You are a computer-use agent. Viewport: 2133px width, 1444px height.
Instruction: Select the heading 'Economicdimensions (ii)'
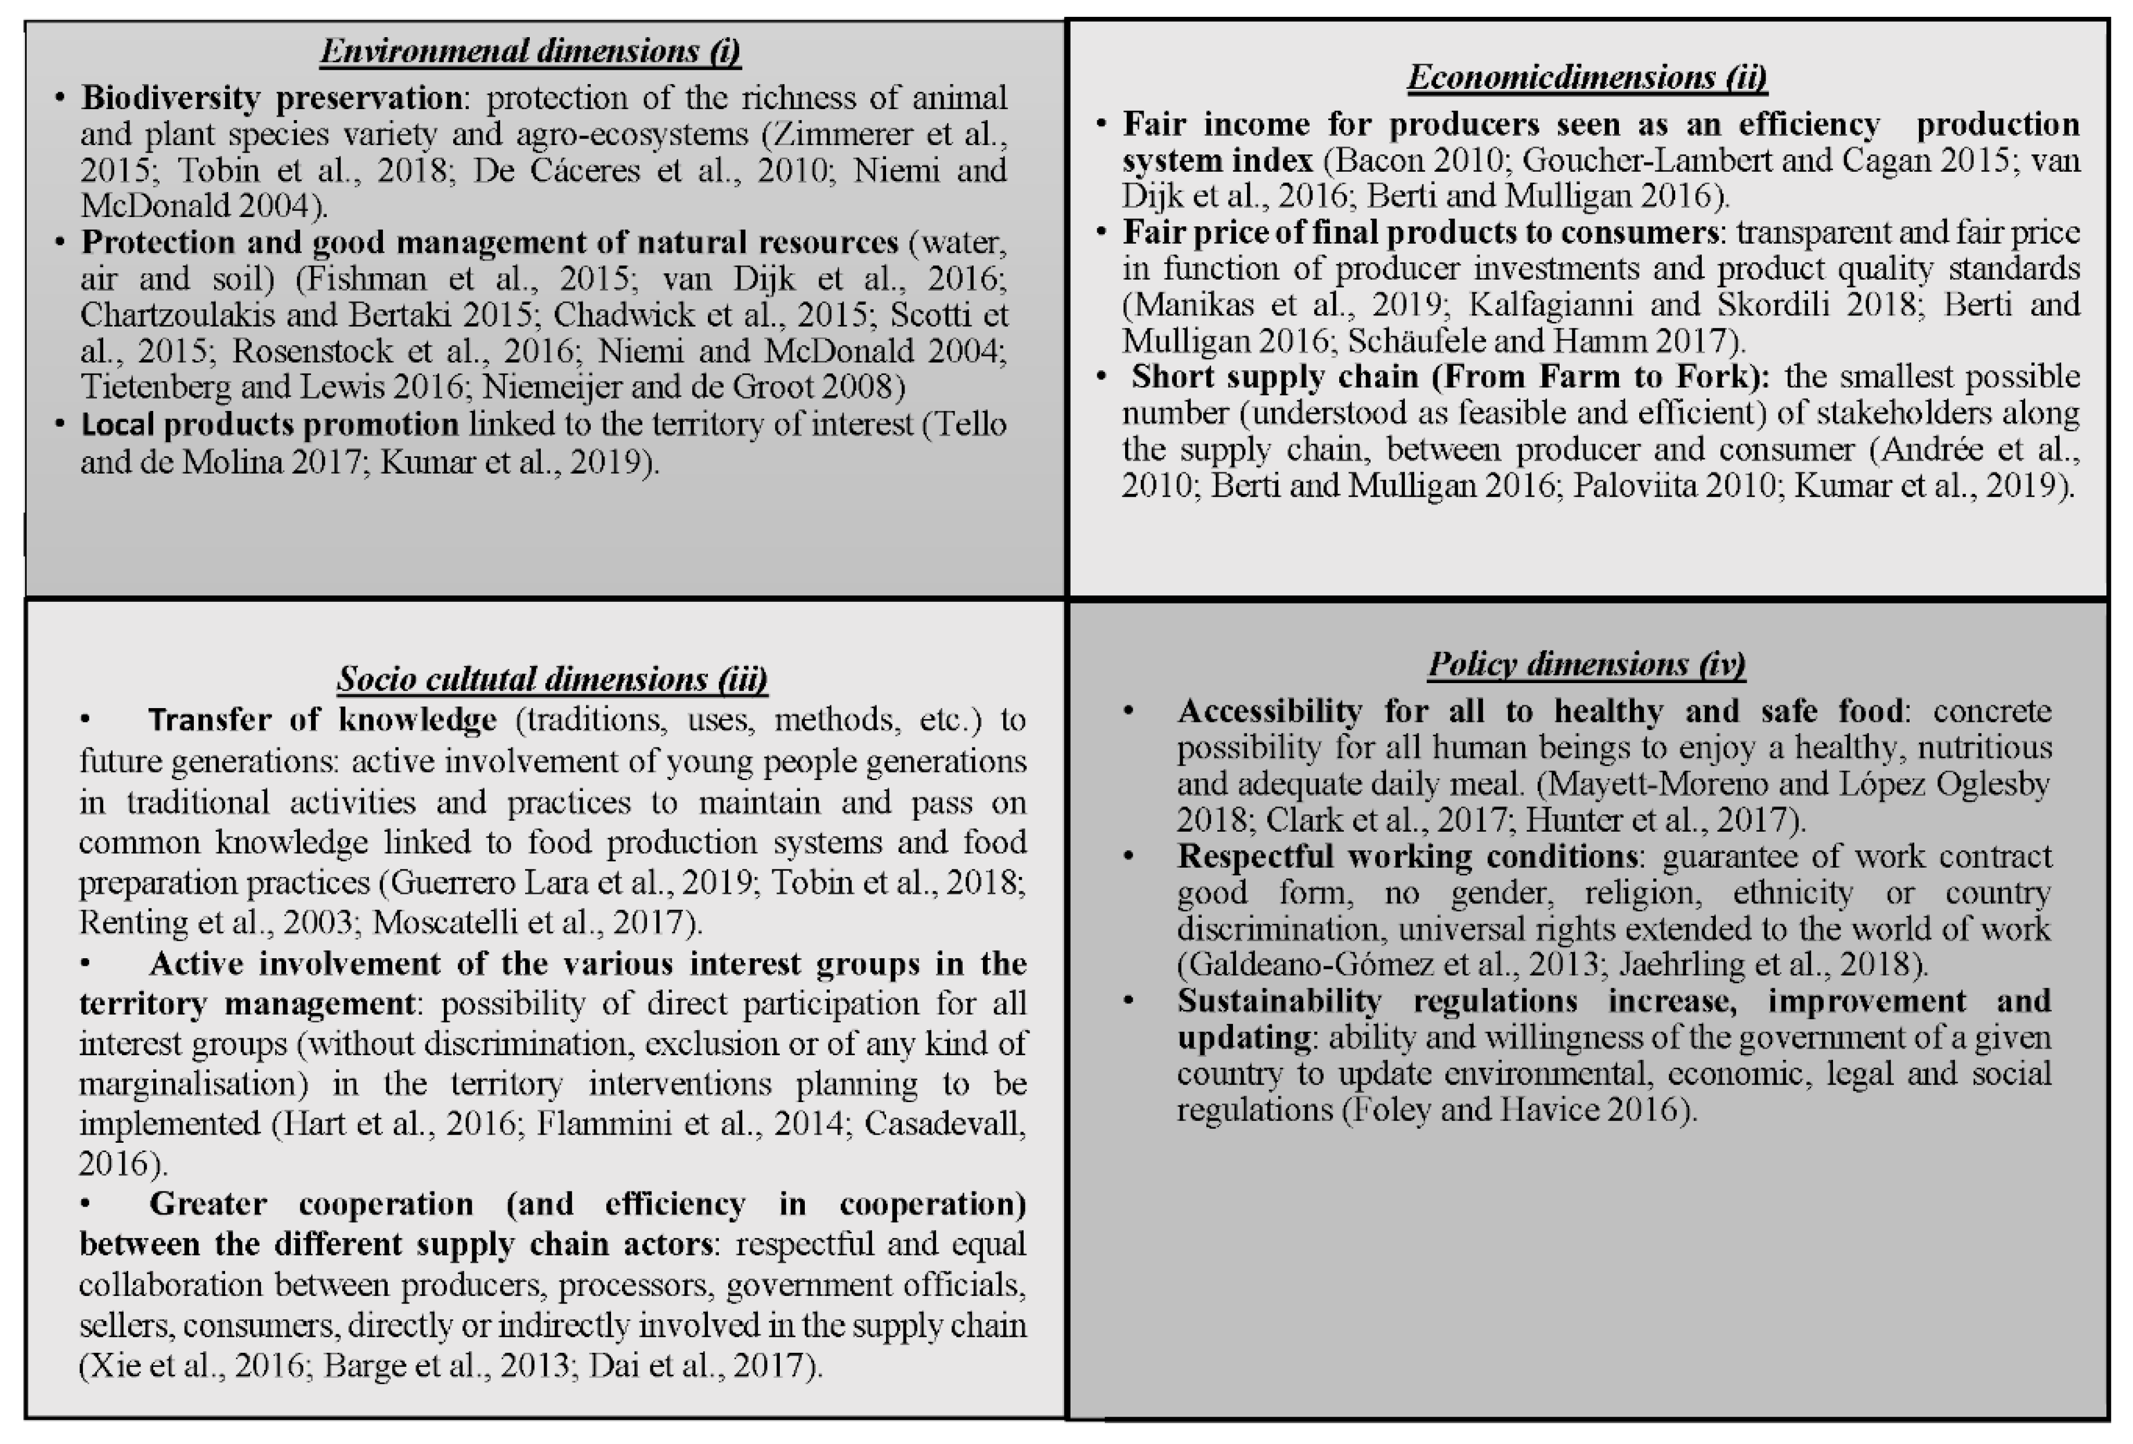click(x=1587, y=77)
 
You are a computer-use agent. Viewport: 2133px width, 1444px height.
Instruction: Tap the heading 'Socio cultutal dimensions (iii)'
click(x=552, y=679)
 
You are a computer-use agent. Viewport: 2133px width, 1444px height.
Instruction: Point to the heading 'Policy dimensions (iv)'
click(x=1586, y=665)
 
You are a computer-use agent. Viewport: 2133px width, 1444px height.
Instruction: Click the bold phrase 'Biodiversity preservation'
click(x=272, y=98)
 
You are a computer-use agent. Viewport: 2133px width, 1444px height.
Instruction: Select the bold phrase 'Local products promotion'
click(x=270, y=424)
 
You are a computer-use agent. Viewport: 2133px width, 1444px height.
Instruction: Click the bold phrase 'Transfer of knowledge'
click(x=322, y=720)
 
